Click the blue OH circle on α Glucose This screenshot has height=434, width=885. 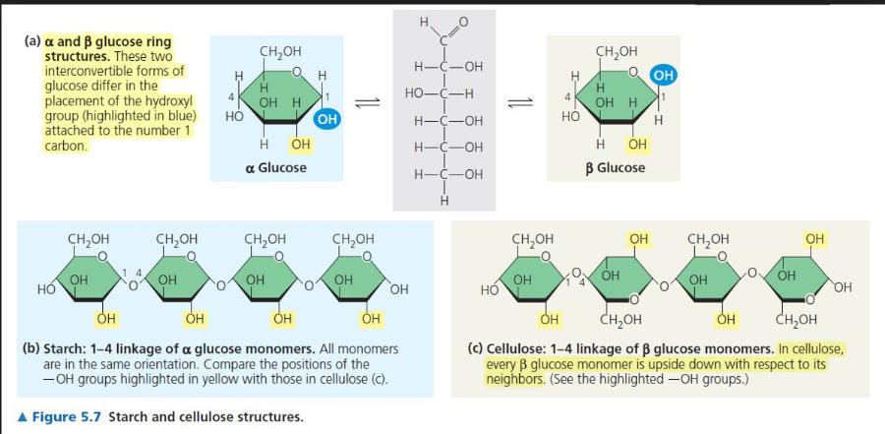pos(327,119)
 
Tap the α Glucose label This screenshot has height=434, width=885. pos(275,168)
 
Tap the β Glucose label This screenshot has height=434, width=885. pos(615,167)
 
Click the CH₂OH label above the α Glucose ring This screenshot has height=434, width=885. pos(280,51)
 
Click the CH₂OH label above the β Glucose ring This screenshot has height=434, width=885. pos(617,51)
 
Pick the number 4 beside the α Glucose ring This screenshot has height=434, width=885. pos(230,96)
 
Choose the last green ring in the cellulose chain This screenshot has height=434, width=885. pos(795,279)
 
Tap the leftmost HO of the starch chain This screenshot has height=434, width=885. pos(45,290)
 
